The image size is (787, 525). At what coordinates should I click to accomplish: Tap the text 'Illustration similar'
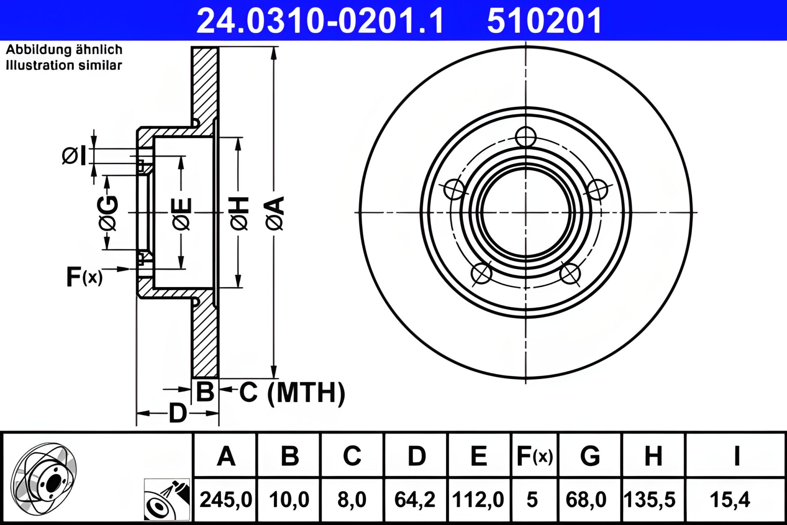tap(64, 65)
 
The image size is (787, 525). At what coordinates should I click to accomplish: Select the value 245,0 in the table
tap(225, 500)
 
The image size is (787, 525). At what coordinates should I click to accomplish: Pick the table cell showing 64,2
tap(415, 500)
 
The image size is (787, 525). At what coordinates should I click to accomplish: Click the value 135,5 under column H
tap(650, 500)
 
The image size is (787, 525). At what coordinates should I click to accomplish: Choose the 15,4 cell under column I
tap(730, 500)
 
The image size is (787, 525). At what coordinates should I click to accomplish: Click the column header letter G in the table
tap(590, 456)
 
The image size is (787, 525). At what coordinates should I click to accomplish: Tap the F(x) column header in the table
tap(535, 456)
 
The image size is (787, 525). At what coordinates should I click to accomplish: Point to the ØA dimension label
tap(275, 213)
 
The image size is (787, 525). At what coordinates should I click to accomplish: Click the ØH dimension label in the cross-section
tap(239, 213)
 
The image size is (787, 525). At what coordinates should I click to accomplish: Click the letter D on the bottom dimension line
tap(177, 413)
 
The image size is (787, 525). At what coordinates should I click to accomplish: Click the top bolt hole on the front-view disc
tap(525, 137)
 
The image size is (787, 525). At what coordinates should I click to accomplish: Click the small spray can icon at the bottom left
tap(167, 500)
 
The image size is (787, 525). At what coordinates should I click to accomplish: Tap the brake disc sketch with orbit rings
tap(44, 478)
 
